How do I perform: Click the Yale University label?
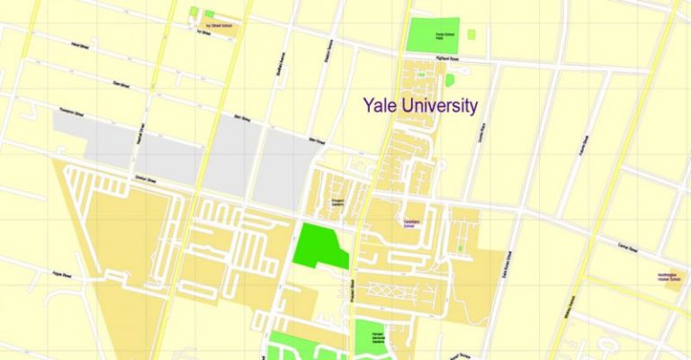419,105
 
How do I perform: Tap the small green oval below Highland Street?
449,79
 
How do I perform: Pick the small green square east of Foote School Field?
471,34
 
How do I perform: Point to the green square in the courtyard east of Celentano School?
459,246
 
